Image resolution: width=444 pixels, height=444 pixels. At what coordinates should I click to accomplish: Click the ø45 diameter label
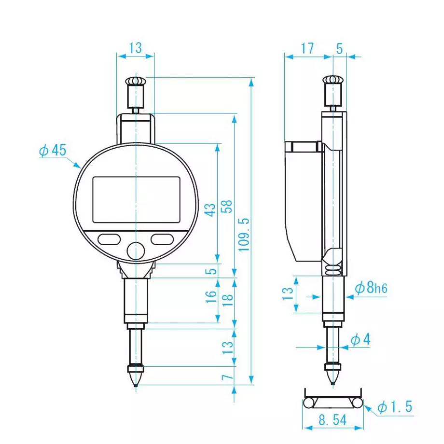click(52, 151)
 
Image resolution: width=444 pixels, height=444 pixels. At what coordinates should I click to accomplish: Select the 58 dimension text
click(227, 207)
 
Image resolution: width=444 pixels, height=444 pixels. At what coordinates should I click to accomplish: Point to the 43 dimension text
click(211, 210)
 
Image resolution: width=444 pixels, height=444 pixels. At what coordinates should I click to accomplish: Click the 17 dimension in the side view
click(306, 48)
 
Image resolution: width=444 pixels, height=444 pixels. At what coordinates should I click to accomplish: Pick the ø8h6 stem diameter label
click(371, 289)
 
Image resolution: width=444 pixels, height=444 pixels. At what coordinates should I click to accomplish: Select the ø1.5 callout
click(395, 407)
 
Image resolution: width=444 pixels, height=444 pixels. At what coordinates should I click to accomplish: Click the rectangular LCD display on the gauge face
click(136, 199)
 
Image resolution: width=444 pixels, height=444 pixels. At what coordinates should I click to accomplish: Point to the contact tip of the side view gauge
click(333, 382)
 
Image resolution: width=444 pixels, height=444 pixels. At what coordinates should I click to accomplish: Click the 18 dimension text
click(227, 298)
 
